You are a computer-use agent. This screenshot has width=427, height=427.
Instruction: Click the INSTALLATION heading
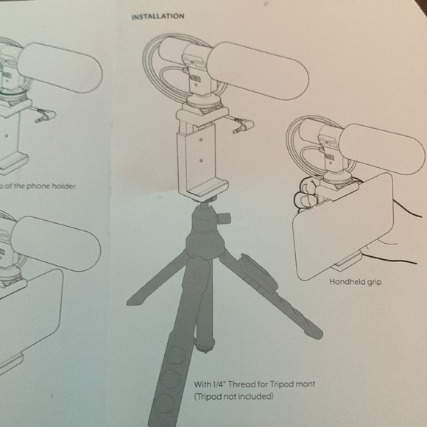[x=158, y=17]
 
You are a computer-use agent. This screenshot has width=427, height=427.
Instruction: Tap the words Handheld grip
[x=356, y=281]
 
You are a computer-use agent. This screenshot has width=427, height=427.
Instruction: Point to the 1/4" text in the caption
[x=219, y=384]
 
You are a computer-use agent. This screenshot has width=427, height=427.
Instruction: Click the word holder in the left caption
[x=64, y=186]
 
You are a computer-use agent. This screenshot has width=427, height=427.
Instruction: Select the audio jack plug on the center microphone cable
[x=243, y=127]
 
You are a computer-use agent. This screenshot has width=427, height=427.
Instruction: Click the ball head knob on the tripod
[x=225, y=218]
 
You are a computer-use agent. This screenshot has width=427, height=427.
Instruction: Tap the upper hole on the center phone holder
[x=201, y=140]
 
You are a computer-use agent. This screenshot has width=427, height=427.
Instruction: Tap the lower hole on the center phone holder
[x=201, y=160]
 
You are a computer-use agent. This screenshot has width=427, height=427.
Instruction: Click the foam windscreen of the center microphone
[x=258, y=71]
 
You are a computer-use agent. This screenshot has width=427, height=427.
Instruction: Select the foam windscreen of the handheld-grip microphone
[x=382, y=149]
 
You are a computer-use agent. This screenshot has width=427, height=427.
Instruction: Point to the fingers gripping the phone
[x=306, y=194]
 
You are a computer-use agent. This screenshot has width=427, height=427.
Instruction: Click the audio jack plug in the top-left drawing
[x=46, y=116]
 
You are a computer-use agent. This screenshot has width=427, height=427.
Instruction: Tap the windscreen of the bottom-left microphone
[x=56, y=244]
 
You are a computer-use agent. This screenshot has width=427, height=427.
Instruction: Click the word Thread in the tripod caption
[x=241, y=384]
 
